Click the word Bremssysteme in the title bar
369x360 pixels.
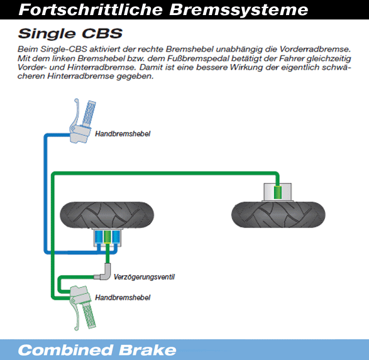[x=239, y=10]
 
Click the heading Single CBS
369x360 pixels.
[x=70, y=34]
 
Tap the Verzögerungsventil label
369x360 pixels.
[x=144, y=277]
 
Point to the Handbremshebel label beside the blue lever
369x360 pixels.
[x=123, y=134]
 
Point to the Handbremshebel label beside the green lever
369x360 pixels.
[x=123, y=298]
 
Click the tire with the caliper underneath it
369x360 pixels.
[x=107, y=215]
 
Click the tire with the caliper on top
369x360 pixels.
[x=278, y=214]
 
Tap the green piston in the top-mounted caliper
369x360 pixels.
[x=278, y=192]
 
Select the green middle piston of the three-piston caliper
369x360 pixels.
[x=107, y=237]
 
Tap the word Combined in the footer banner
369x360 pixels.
[x=65, y=350]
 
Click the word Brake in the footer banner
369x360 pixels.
[x=148, y=350]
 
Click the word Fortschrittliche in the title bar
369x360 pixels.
[x=91, y=10]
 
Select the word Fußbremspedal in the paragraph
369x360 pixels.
[x=197, y=58]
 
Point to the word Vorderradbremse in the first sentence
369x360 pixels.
[x=315, y=49]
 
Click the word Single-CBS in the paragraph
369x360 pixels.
[x=63, y=49]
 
